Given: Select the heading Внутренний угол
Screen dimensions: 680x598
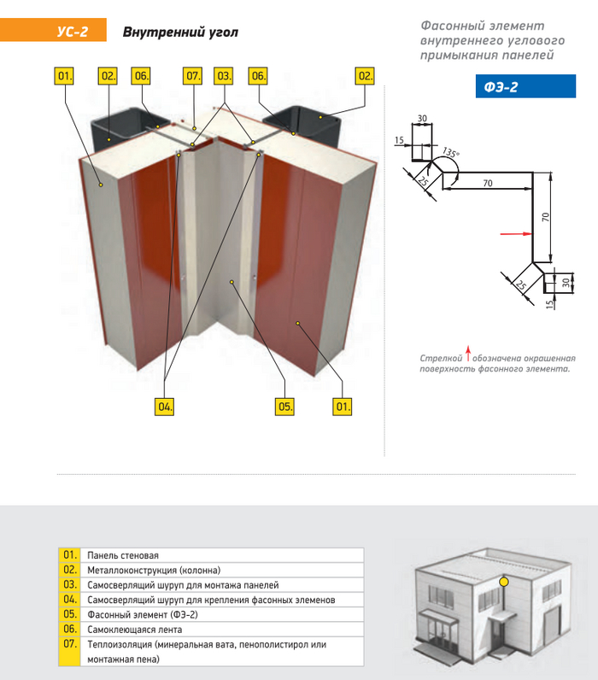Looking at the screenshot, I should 180,32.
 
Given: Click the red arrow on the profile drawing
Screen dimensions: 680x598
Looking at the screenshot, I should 511,232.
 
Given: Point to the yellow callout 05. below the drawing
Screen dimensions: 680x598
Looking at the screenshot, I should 284,407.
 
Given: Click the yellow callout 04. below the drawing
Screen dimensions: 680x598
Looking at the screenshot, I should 164,407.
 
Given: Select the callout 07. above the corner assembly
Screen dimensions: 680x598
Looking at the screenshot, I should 193,76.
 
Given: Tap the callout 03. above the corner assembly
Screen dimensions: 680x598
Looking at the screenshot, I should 224,76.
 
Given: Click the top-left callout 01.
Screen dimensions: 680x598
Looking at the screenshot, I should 65,76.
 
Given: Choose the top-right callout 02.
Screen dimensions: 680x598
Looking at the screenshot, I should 366,76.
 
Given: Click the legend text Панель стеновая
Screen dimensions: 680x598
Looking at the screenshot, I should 123,555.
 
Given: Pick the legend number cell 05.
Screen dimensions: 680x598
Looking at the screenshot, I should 69,614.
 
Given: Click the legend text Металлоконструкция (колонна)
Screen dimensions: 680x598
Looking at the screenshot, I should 154,570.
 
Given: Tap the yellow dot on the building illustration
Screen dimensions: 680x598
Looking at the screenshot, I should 504,582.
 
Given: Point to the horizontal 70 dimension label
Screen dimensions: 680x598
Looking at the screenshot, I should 487,184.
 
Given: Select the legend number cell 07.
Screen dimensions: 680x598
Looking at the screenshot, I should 69,644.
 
